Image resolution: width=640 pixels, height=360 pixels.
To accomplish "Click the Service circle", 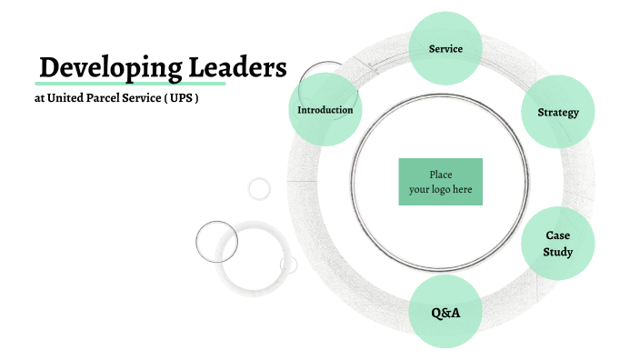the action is pyautogui.click(x=445, y=48).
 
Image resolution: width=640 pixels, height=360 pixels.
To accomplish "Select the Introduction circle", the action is pyautogui.click(x=325, y=110).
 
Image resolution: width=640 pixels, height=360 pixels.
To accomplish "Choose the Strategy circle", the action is pyautogui.click(x=558, y=112).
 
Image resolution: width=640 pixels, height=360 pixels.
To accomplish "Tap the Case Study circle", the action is pyautogui.click(x=557, y=244).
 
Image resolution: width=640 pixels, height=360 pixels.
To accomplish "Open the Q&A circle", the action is pyautogui.click(x=445, y=313).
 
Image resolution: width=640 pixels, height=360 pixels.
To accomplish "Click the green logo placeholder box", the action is pyautogui.click(x=440, y=182).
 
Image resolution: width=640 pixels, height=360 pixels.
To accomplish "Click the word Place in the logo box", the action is pyautogui.click(x=440, y=175).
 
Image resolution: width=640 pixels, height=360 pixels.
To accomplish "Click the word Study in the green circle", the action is pyautogui.click(x=558, y=252).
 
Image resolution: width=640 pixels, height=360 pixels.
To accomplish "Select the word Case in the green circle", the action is pyautogui.click(x=558, y=235).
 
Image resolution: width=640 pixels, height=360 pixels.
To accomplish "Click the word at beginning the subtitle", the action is pyautogui.click(x=38, y=98).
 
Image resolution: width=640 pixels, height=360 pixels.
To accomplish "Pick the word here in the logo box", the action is pyautogui.click(x=463, y=190).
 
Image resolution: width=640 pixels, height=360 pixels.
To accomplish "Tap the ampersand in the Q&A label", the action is pyautogui.click(x=445, y=313).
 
